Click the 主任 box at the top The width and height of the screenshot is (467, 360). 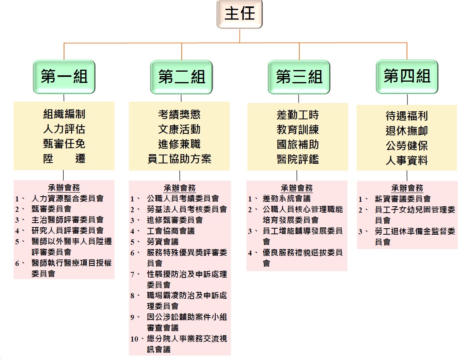[x=240, y=14]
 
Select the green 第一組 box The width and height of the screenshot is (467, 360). [x=64, y=76]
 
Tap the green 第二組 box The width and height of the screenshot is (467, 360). [x=181, y=76]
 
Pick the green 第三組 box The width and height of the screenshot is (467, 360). [x=299, y=76]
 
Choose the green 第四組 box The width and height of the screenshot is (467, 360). [x=407, y=76]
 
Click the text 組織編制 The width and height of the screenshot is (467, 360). [x=64, y=115]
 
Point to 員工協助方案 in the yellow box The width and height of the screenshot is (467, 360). [x=179, y=159]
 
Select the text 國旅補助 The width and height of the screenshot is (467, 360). [x=298, y=145]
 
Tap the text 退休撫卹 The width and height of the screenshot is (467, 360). [x=407, y=131]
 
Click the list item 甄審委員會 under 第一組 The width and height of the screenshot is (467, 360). [x=51, y=209]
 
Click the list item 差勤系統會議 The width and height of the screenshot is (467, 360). [x=286, y=199]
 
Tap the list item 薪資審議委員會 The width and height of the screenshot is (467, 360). [x=403, y=199]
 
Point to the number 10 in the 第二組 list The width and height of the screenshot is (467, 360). [x=134, y=339]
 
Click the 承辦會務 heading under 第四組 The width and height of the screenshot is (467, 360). [x=407, y=188]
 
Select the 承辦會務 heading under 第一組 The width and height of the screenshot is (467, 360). [x=64, y=188]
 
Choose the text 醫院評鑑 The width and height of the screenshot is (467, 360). [x=298, y=159]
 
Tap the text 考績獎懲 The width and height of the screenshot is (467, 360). [x=179, y=115]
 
